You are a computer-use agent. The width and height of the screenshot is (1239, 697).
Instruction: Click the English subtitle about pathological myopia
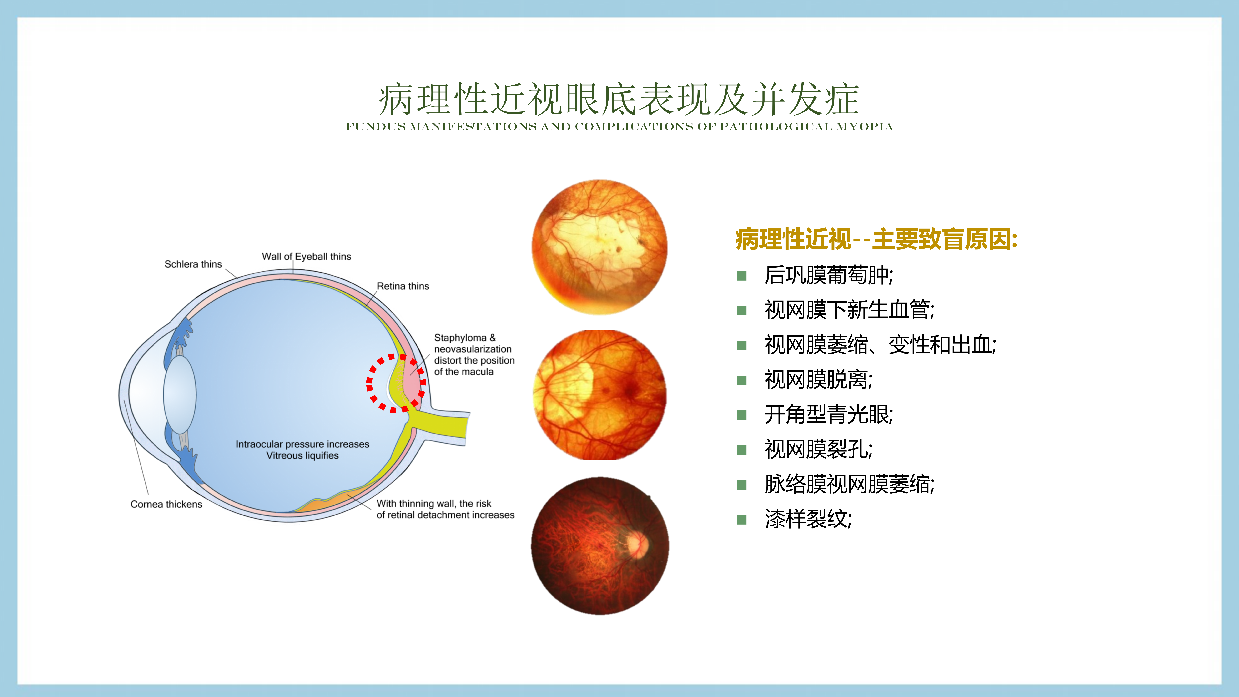(619, 126)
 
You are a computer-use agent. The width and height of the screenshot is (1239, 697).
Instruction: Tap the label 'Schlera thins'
(193, 264)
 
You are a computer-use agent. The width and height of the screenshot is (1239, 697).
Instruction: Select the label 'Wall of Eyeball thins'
(306, 256)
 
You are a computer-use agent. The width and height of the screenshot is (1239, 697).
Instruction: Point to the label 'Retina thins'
(403, 286)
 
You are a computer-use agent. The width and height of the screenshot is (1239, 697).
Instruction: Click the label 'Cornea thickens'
(166, 504)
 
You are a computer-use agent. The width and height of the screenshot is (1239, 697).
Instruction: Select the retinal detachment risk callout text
(445, 509)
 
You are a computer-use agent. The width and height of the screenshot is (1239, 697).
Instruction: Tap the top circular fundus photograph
(599, 247)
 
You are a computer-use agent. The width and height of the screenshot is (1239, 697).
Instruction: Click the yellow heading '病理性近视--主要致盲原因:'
(876, 239)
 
